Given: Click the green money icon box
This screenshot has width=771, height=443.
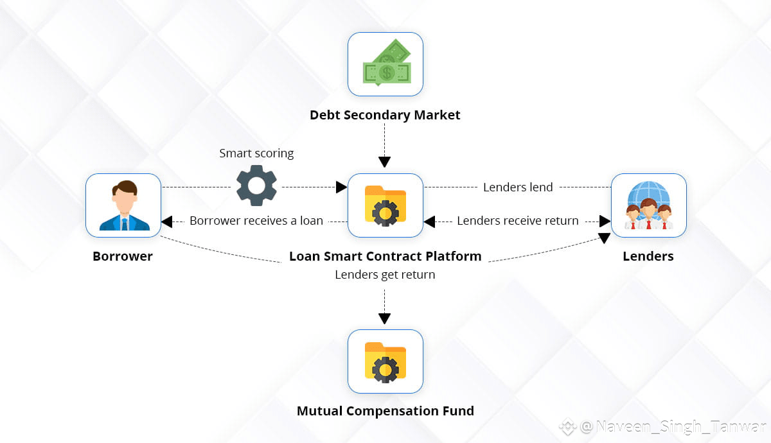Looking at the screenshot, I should (385, 64).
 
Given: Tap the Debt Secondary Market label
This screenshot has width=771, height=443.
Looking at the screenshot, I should (385, 116).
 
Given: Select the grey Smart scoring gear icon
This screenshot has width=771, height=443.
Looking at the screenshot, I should (256, 186).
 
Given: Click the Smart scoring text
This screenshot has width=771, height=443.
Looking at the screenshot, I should (256, 153).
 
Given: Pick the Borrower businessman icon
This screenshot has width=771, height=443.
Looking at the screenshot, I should (124, 205).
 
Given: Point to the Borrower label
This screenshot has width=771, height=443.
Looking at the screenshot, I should (123, 256).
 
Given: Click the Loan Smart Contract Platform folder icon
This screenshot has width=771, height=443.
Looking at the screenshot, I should (385, 205).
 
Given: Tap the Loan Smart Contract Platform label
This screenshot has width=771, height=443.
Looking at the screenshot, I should (385, 256).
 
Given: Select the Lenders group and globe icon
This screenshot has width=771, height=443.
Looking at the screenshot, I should (648, 205).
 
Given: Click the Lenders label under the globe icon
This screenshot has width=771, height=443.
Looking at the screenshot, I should (648, 256).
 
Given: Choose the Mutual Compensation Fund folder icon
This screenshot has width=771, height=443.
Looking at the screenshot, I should (385, 361).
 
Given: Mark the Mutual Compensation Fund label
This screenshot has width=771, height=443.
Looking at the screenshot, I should (385, 411).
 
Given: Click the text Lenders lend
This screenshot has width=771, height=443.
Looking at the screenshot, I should (518, 187).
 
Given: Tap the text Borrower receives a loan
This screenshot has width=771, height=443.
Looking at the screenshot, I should (256, 221).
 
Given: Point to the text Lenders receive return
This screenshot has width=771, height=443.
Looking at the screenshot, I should (518, 221).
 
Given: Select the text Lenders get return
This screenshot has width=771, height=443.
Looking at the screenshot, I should (385, 275).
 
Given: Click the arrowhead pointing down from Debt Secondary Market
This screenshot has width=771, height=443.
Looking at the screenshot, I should (384, 162).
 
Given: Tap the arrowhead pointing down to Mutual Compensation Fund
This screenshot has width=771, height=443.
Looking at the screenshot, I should (384, 318).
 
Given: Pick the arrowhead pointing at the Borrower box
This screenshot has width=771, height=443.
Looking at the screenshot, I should (167, 221).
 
